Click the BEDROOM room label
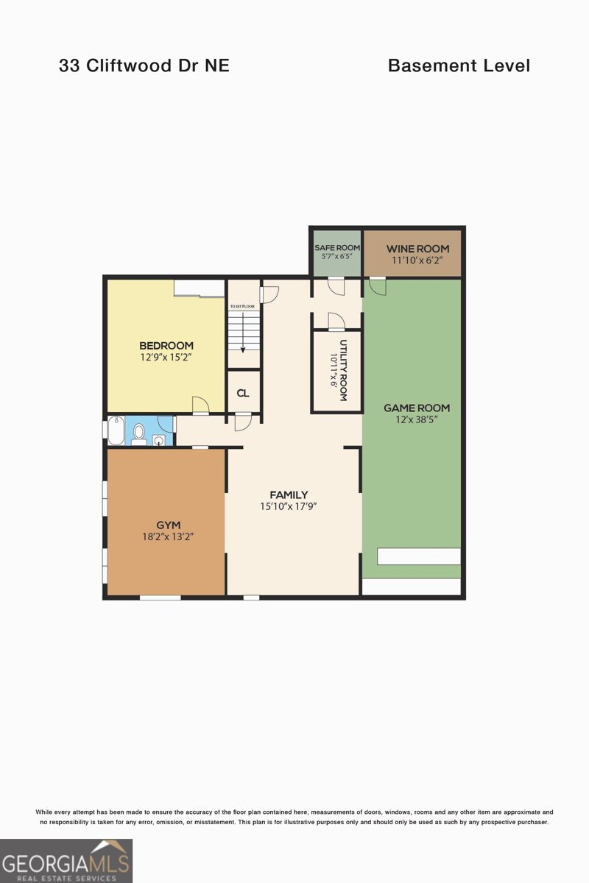pos(166,345)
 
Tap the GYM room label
pos(168,525)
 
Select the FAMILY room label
pos(289,495)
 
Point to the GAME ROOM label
pos(417,408)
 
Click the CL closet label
pos(243,393)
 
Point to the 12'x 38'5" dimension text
pos(417,420)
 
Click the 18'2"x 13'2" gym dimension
pos(168,537)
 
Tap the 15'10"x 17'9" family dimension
pos(289,507)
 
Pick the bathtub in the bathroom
pos(116,431)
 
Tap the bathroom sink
pos(158,440)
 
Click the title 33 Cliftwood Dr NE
pos(144,65)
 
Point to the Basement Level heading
pos(459,65)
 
